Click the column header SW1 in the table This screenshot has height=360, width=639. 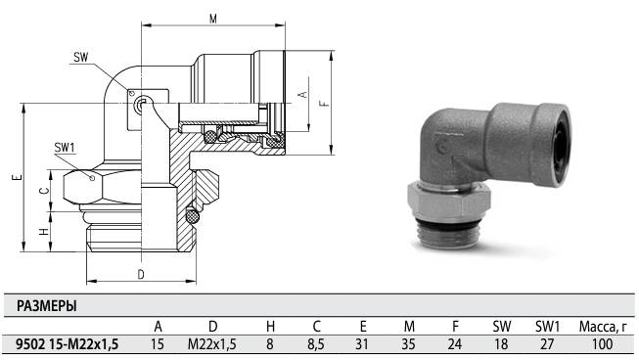click(549, 326)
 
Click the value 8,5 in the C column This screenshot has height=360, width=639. click(316, 343)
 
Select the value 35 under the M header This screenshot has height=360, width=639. click(409, 343)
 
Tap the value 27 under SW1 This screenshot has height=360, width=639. click(549, 343)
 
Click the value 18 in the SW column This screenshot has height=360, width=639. click(502, 343)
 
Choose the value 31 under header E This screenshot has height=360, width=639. click(362, 343)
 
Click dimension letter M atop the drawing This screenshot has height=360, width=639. click(214, 19)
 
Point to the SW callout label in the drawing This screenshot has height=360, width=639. click(80, 58)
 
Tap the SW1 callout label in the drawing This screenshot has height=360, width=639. click(66, 148)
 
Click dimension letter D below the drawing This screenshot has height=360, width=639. click(141, 274)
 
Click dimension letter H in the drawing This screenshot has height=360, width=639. click(42, 232)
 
